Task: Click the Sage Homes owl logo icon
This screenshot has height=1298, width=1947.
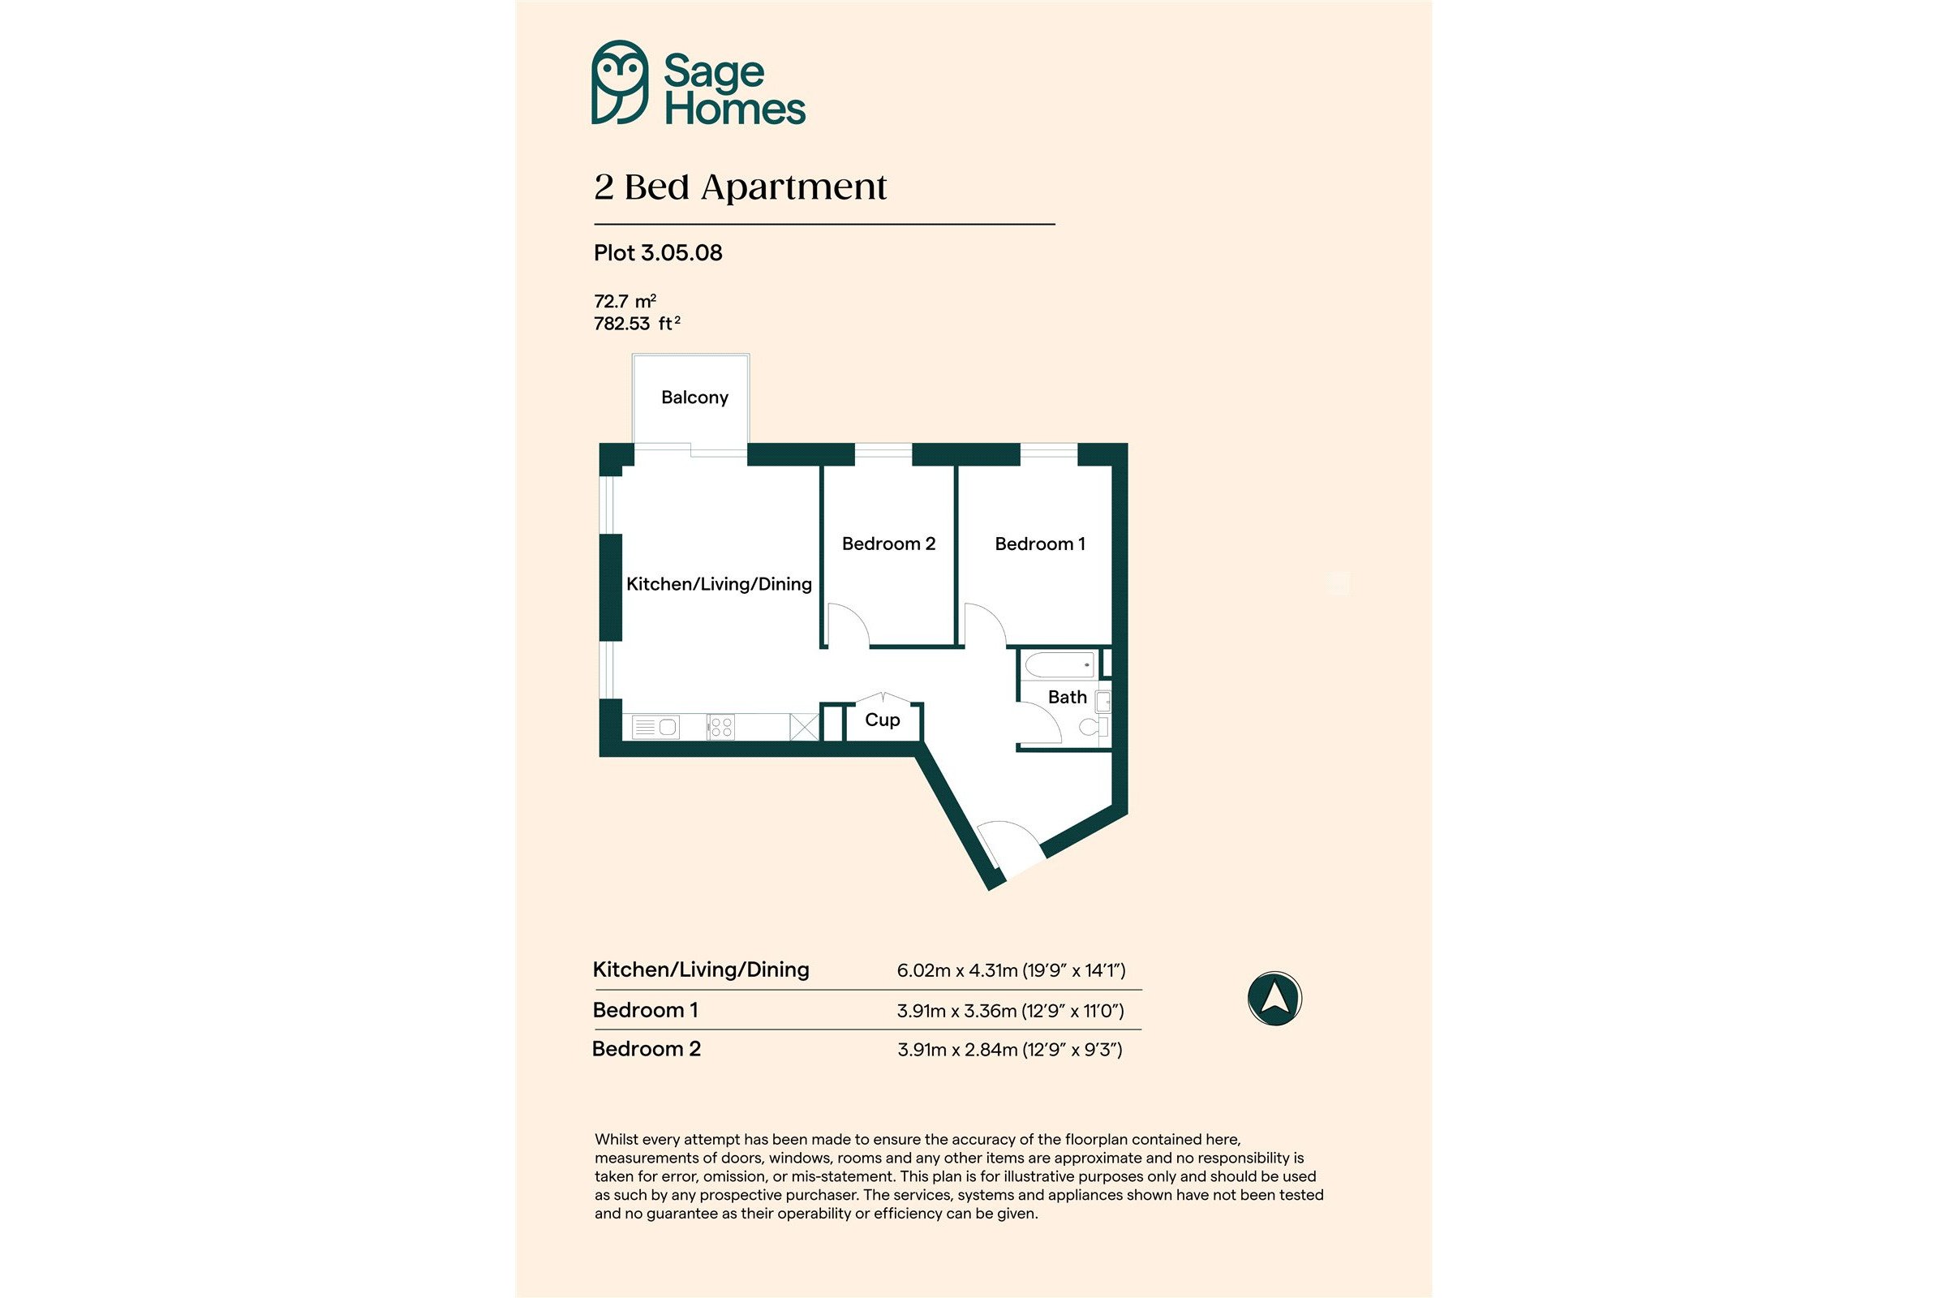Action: click(619, 82)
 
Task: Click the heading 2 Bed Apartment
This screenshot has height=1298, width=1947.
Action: click(740, 187)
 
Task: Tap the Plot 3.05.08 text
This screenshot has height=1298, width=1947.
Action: click(658, 252)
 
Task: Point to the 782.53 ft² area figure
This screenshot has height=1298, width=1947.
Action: click(637, 324)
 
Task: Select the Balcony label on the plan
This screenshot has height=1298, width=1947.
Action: click(694, 398)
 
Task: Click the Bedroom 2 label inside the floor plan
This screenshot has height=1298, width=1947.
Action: click(888, 544)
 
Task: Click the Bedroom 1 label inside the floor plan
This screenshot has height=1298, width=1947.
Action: click(1040, 544)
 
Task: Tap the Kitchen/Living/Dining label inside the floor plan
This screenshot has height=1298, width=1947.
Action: click(719, 584)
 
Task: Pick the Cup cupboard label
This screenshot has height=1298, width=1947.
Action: click(883, 720)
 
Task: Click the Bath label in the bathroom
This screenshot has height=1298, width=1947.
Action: click(1067, 697)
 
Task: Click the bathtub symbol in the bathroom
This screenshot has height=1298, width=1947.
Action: click(1059, 664)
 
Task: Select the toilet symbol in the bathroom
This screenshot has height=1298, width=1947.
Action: click(1095, 728)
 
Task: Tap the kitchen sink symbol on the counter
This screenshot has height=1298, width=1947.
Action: click(655, 728)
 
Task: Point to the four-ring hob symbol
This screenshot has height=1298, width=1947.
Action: click(721, 728)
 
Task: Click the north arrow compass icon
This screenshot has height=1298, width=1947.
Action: click(1274, 999)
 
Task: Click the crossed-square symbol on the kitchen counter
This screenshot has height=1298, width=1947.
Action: click(803, 727)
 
